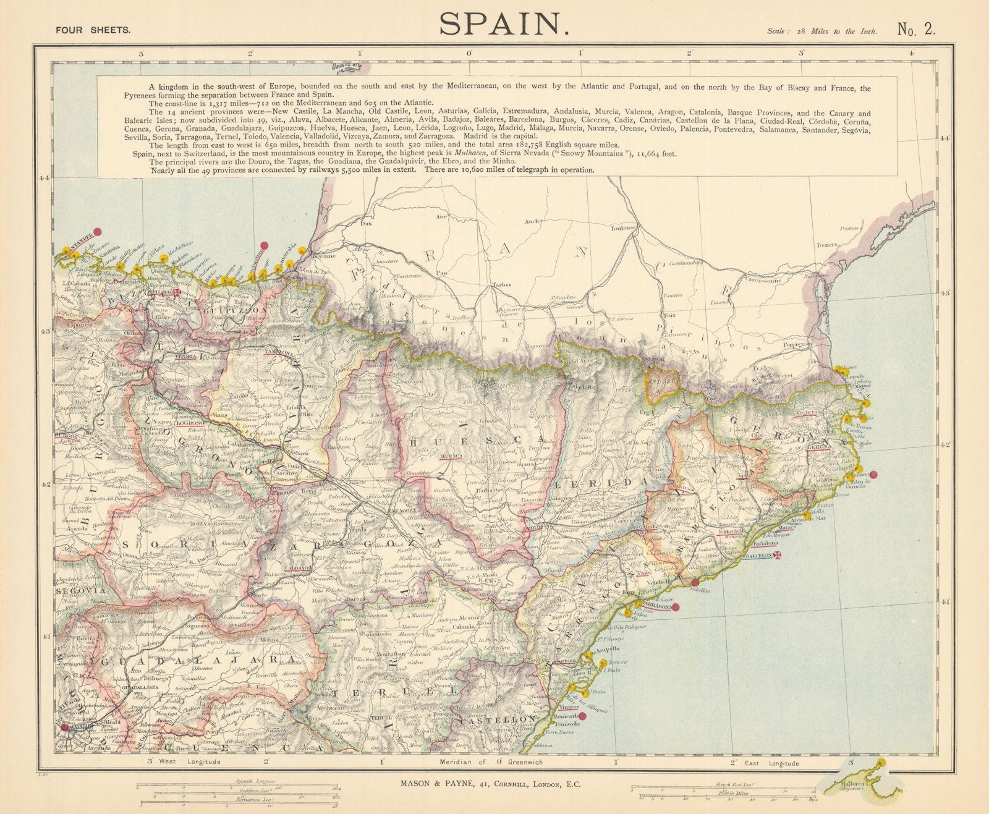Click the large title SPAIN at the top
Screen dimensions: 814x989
[x=504, y=24]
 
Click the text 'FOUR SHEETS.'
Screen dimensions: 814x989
[x=93, y=29]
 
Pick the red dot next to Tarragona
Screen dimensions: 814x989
[x=676, y=607]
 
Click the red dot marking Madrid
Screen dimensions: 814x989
[x=66, y=727]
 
